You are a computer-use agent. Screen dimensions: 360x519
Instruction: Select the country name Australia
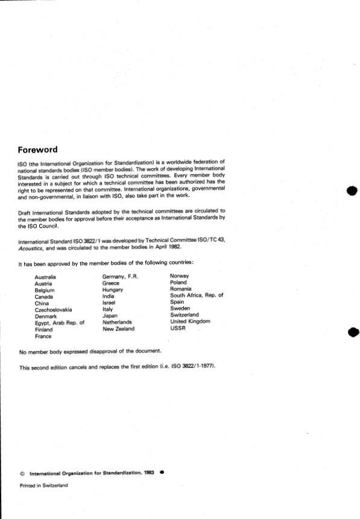pyautogui.click(x=46, y=277)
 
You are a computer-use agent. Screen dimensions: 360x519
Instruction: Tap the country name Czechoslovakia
pyautogui.click(x=53, y=309)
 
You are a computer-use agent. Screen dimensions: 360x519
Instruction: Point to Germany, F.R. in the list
pyautogui.click(x=121, y=277)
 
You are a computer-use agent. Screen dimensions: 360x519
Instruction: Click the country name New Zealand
pyautogui.click(x=119, y=329)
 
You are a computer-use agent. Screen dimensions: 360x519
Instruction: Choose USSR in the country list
pyautogui.click(x=178, y=329)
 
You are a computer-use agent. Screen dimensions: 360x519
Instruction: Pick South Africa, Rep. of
pyautogui.click(x=197, y=295)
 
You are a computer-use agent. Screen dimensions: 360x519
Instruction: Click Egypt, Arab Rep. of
pyautogui.click(x=60, y=323)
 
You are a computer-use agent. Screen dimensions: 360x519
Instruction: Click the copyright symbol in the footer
pyautogui.click(x=22, y=474)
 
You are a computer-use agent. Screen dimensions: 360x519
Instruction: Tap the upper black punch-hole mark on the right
pyautogui.click(x=352, y=192)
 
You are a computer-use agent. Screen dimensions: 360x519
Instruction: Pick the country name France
pyautogui.click(x=43, y=336)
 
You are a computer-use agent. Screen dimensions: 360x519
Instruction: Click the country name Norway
pyautogui.click(x=180, y=277)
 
